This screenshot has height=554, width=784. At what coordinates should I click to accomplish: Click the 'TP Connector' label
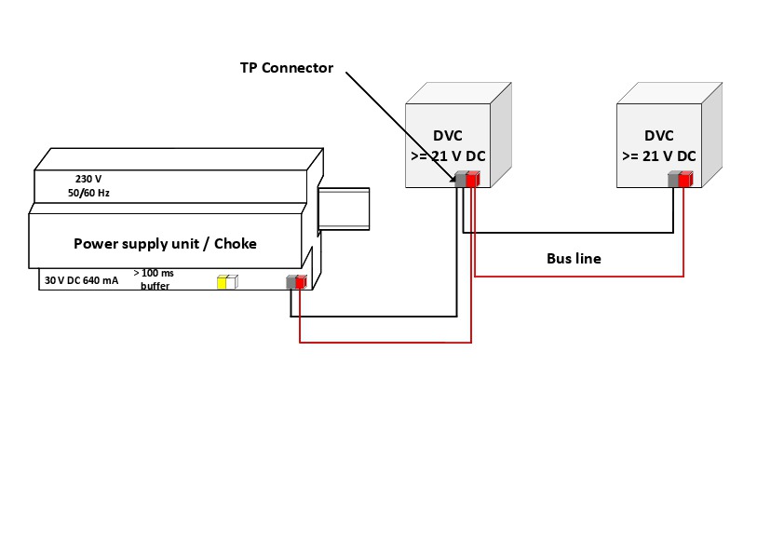pyautogui.click(x=286, y=69)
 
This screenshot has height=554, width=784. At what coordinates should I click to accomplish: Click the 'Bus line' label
pyautogui.click(x=574, y=259)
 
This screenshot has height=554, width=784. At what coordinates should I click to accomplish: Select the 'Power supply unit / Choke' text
pyautogui.click(x=165, y=244)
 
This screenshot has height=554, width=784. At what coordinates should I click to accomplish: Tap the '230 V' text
pyautogui.click(x=88, y=178)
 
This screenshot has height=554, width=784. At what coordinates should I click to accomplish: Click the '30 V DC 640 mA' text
pyautogui.click(x=81, y=279)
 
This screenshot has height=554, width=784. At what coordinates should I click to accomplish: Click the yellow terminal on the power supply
pyautogui.click(x=223, y=282)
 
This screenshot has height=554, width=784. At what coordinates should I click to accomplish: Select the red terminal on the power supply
pyautogui.click(x=301, y=282)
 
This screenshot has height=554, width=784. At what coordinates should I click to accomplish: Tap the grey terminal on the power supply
pyautogui.click(x=291, y=282)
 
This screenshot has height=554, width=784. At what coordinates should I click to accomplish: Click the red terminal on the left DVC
pyautogui.click(x=472, y=180)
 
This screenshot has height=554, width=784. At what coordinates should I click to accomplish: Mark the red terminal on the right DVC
pyautogui.click(x=684, y=180)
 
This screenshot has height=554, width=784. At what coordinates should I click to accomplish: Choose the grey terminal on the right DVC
pyautogui.click(x=673, y=180)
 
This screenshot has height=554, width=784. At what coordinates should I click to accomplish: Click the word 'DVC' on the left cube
pyautogui.click(x=447, y=136)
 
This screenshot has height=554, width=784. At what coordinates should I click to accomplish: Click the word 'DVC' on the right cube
pyautogui.click(x=658, y=136)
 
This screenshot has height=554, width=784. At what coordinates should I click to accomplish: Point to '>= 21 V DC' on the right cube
pyautogui.click(x=658, y=155)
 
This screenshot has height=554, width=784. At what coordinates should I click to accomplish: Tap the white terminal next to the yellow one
pyautogui.click(x=233, y=282)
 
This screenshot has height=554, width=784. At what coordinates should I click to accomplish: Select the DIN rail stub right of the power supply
pyautogui.click(x=344, y=209)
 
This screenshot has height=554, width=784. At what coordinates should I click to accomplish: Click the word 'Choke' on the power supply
pyautogui.click(x=236, y=244)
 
